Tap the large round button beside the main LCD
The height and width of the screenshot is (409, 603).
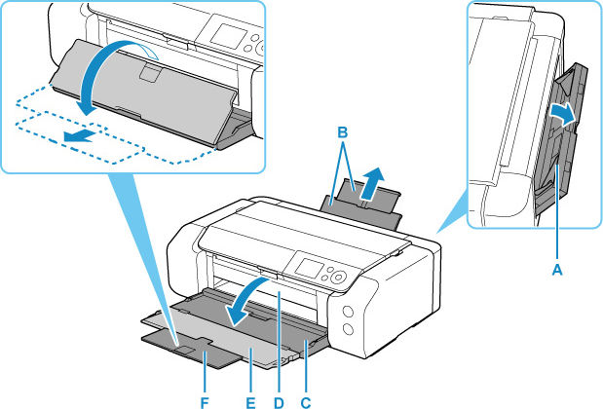(x=339, y=279)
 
